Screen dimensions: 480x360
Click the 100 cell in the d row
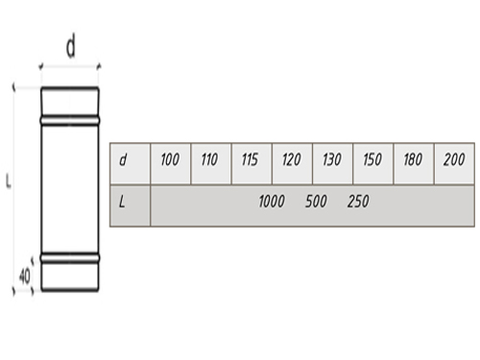(x=170, y=164)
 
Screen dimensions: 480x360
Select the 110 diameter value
(x=211, y=164)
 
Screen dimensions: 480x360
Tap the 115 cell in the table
(x=252, y=164)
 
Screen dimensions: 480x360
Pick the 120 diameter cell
(x=292, y=164)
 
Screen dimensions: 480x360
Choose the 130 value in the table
(x=333, y=164)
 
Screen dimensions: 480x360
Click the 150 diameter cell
(x=373, y=164)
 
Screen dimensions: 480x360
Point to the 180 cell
(x=414, y=164)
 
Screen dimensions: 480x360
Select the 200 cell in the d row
(x=454, y=164)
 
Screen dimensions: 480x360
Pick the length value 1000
(x=272, y=202)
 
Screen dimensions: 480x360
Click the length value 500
(x=316, y=202)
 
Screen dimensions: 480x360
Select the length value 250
(x=358, y=202)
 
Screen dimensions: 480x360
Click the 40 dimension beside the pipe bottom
(x=25, y=276)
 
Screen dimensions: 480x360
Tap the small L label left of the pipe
(x=9, y=180)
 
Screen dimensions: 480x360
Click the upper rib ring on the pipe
(x=70, y=120)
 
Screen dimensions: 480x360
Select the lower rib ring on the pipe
(x=70, y=257)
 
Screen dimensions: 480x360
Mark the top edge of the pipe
(x=70, y=88)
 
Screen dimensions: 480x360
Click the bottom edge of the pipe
(x=70, y=290)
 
